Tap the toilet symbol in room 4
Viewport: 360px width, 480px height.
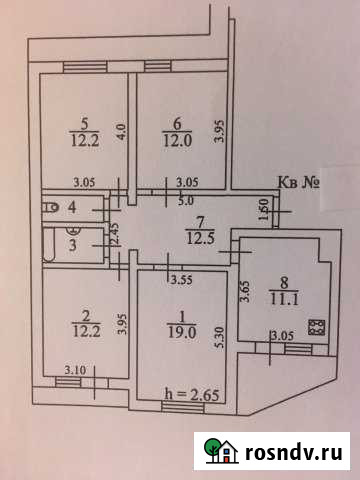point(51,208)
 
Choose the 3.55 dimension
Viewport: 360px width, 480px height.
point(181,280)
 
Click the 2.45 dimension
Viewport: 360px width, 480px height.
point(117,236)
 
